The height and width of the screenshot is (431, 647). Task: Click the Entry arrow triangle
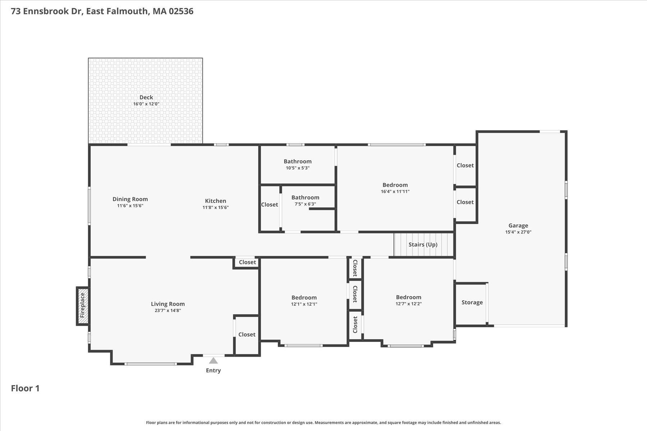point(213,361)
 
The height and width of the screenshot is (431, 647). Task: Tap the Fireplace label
point(82,305)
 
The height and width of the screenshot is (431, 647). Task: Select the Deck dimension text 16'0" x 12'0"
point(146,104)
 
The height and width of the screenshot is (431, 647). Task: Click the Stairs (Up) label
point(423,245)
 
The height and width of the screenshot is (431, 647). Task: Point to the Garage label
point(518,226)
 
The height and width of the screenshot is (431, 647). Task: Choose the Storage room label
point(472,302)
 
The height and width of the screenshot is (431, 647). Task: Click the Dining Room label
point(130,199)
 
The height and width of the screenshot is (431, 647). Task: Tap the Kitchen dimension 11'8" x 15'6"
point(215,207)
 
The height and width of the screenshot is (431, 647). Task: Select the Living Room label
point(168,304)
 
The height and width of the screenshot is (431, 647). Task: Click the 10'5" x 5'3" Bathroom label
point(297,161)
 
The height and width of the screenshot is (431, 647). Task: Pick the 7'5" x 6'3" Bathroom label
point(305,198)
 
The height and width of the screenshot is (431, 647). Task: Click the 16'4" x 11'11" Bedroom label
point(395,185)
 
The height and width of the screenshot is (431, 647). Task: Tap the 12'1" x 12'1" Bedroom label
point(304,297)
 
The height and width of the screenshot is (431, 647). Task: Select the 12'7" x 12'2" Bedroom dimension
point(408,303)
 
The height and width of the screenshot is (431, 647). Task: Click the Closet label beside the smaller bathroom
point(269,204)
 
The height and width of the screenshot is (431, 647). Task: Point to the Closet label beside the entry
point(247,334)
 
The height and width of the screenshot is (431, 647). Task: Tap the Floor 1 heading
point(25,388)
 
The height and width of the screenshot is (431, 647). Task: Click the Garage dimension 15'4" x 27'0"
point(518,232)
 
